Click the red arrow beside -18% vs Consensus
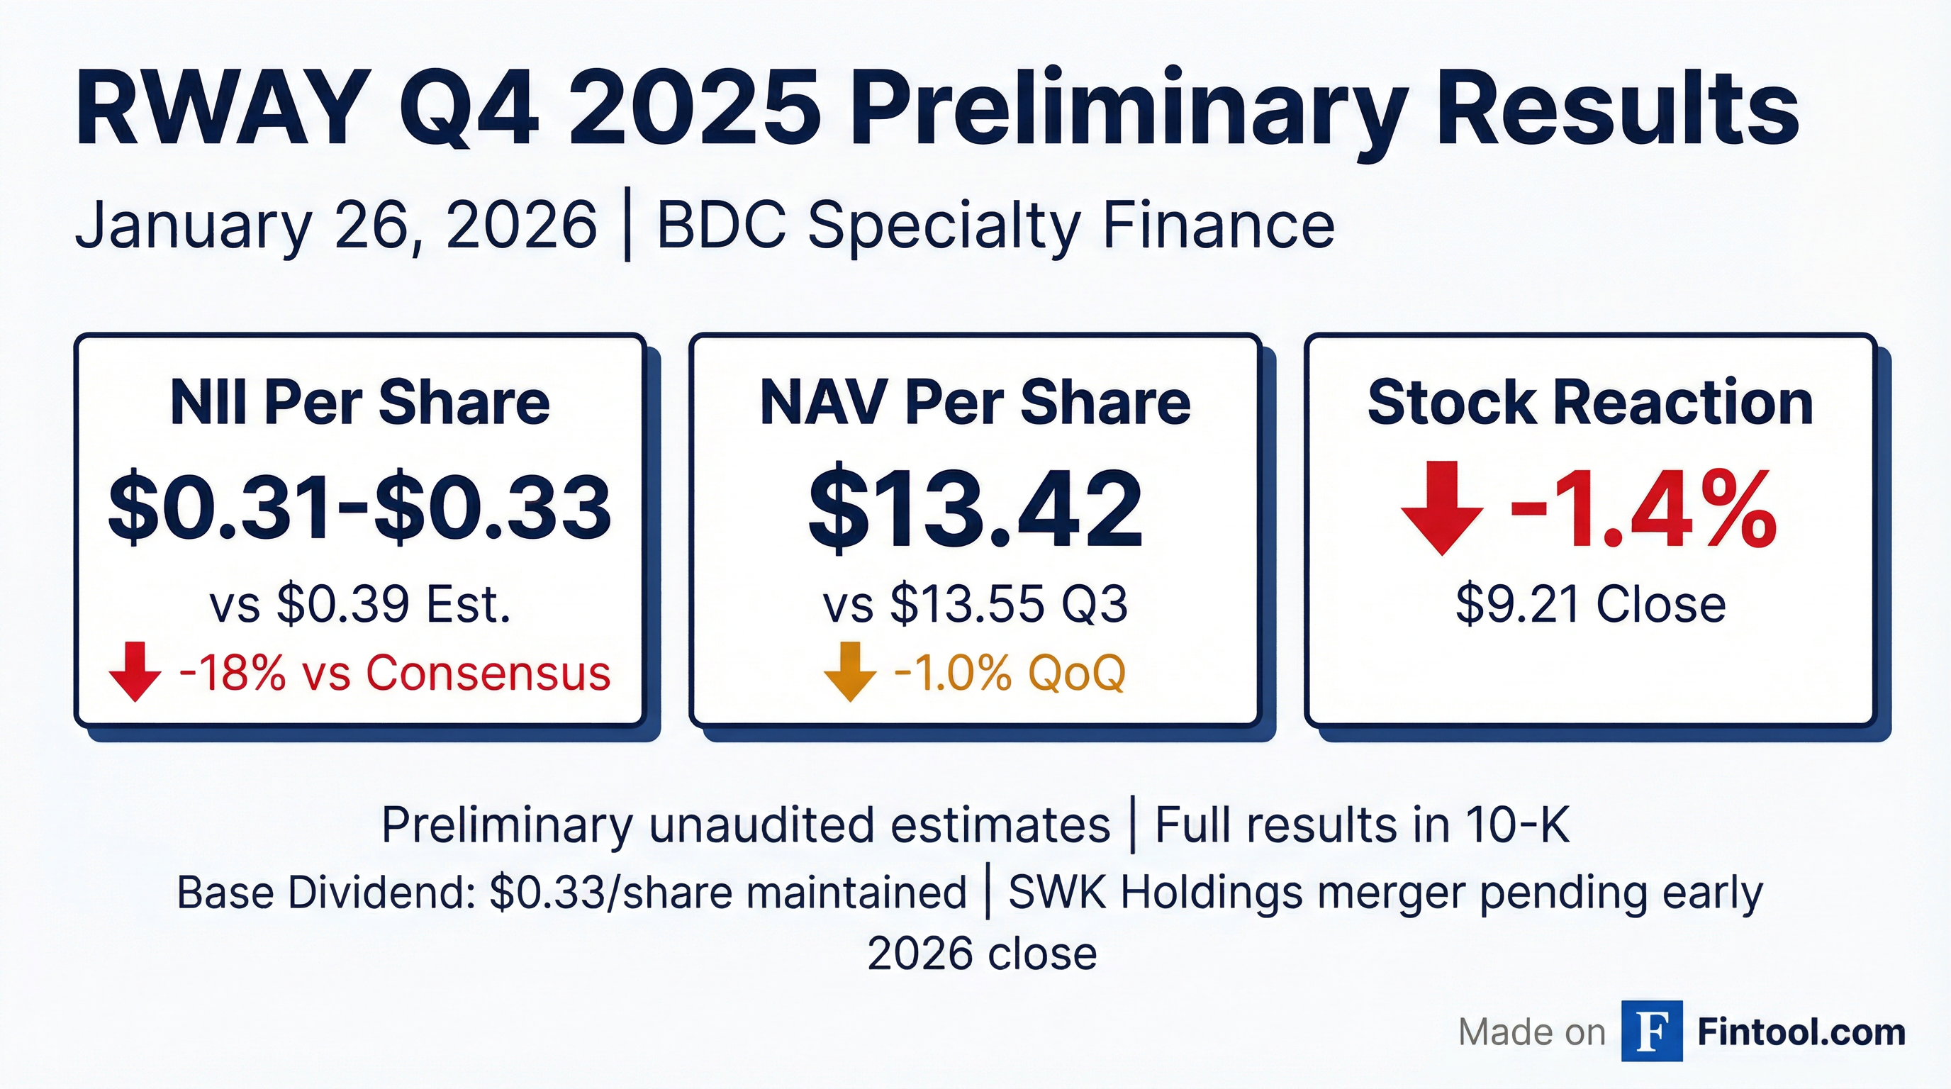pos(135,671)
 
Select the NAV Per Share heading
pos(975,403)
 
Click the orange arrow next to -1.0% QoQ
pos(849,671)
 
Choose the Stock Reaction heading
pos(1589,403)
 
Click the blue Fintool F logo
pos(1652,1031)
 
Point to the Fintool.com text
pos(1801,1032)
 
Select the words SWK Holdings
pos(1155,893)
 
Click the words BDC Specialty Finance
pos(995,225)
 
